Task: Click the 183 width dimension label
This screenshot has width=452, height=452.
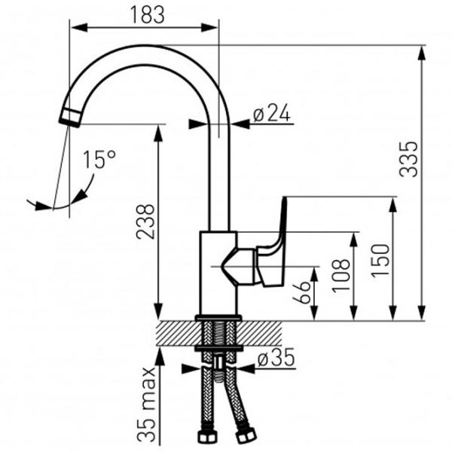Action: (148, 14)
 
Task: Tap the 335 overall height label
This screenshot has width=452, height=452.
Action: (408, 159)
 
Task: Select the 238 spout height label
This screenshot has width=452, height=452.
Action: (145, 222)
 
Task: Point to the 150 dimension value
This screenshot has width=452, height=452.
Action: (380, 261)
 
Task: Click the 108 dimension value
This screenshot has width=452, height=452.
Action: (341, 276)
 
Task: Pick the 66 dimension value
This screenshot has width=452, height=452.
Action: (301, 292)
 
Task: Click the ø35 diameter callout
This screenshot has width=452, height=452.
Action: (276, 357)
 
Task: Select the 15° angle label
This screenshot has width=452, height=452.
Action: (99, 160)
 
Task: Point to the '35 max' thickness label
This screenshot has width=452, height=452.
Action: (146, 404)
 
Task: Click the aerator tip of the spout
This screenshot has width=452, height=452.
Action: (70, 118)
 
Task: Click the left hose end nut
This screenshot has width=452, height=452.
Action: (205, 436)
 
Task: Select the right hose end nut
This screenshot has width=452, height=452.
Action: (246, 435)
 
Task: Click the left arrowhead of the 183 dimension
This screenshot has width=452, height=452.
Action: (78, 28)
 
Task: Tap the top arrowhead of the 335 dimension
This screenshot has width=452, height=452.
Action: (422, 53)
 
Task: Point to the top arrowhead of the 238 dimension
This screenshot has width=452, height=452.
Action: (158, 133)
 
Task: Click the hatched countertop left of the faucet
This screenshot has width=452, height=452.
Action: (176, 334)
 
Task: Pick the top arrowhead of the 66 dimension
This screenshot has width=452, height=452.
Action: (314, 274)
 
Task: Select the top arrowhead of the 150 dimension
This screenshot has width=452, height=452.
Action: (392, 205)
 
